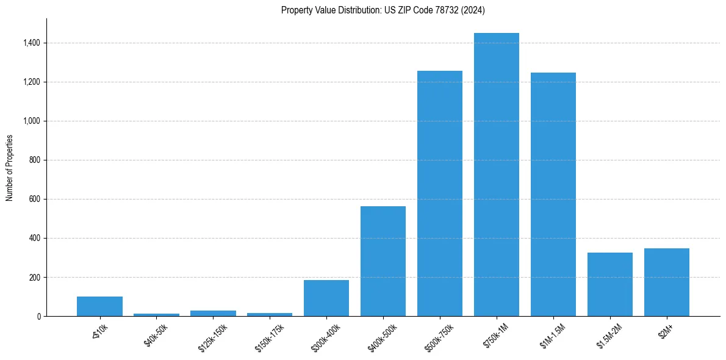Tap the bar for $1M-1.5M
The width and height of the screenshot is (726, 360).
(x=553, y=195)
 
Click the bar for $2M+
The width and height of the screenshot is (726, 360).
(x=666, y=282)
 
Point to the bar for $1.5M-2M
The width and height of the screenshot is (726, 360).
(x=609, y=284)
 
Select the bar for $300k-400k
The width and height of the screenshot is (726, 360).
(x=326, y=298)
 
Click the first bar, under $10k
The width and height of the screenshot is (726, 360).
(x=99, y=306)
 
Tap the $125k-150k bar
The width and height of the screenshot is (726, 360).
(x=213, y=313)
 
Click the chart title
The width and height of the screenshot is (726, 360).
(x=383, y=10)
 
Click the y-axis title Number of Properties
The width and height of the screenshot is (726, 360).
(x=10, y=167)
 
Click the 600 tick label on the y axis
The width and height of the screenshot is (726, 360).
(x=35, y=199)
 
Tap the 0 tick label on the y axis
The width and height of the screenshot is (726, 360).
(x=39, y=316)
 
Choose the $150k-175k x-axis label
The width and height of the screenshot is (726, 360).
(x=270, y=337)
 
